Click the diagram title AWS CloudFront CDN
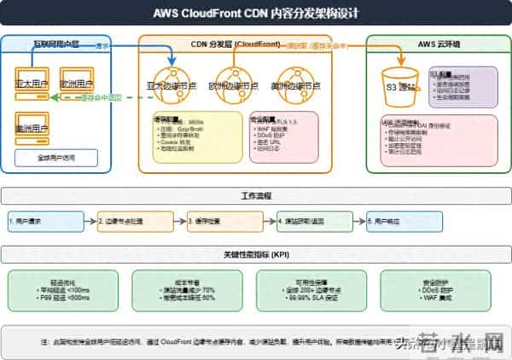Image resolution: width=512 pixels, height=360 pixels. pyautogui.click(x=255, y=14)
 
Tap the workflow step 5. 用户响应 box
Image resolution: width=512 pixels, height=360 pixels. pyautogui.click(x=393, y=221)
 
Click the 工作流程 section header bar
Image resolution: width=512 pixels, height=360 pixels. pyautogui.click(x=255, y=195)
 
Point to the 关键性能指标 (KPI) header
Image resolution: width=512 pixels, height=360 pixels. pyautogui.click(x=255, y=254)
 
